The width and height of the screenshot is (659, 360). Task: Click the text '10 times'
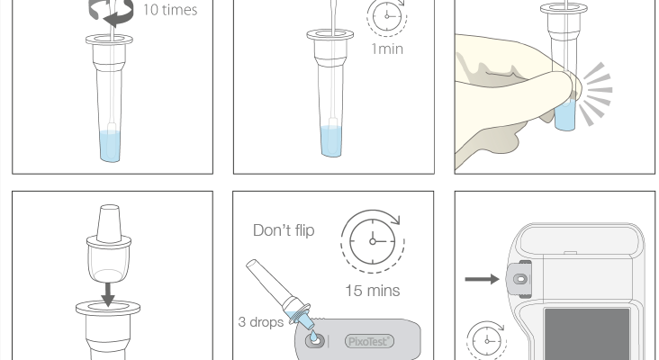170,10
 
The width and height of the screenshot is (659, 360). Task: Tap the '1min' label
387,49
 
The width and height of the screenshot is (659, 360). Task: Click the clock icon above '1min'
387,17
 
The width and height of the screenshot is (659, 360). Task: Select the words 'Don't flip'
284,230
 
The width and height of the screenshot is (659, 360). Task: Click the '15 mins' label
373,291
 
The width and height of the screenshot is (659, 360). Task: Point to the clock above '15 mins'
373,241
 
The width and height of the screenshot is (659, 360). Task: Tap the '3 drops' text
260,322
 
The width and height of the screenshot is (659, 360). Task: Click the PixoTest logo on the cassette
369,341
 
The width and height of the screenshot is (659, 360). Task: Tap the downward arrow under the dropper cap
108,294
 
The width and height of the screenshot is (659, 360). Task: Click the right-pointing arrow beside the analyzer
482,279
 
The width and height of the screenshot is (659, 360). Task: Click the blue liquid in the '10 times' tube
110,146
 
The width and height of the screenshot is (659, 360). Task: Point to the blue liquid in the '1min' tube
331,141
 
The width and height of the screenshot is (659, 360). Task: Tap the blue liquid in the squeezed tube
565,115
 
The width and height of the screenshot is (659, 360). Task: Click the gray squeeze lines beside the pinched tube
596,94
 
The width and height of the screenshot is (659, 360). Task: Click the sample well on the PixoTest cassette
316,340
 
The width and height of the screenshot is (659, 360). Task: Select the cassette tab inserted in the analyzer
519,279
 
